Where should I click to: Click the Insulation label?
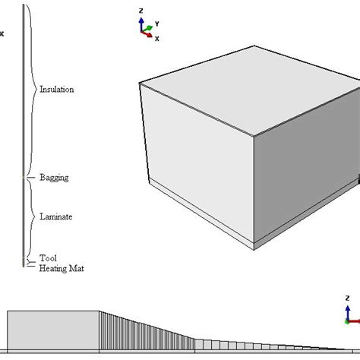point(56,89)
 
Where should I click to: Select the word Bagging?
point(54,178)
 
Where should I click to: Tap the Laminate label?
point(55,216)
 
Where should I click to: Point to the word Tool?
point(48,258)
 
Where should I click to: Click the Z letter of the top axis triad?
point(141,10)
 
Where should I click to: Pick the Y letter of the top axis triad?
point(156,24)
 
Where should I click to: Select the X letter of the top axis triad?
point(156,38)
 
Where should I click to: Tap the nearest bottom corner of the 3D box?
point(254,248)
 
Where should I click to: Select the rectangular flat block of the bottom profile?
point(53,330)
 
